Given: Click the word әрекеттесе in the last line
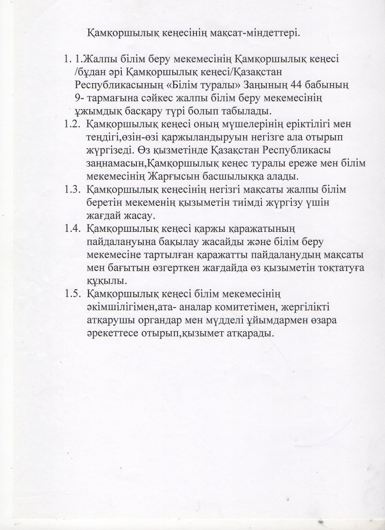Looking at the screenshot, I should [110, 334].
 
